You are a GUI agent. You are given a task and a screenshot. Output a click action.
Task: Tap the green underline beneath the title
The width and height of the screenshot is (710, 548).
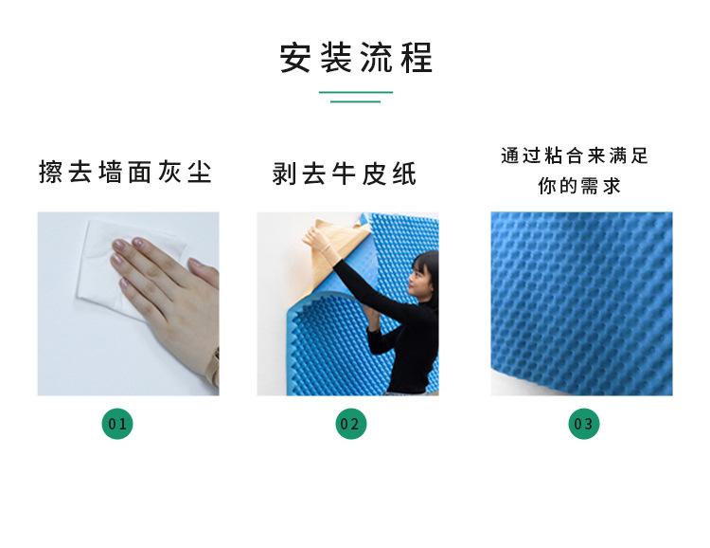point(355,96)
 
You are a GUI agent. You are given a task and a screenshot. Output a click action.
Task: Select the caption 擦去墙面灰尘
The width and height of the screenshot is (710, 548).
point(125,173)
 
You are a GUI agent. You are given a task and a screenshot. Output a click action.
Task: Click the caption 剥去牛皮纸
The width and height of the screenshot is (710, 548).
point(344,174)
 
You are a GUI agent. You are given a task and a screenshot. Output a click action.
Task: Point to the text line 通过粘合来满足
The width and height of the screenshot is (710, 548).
point(575,156)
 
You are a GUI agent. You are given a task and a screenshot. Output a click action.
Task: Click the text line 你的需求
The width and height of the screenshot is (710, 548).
point(579,186)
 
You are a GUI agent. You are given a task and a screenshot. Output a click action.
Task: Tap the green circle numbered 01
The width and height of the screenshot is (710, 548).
point(117,423)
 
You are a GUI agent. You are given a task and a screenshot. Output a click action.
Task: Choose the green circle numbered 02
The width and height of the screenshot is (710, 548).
point(350,423)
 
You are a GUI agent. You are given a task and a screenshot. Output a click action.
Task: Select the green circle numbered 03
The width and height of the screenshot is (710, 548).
point(584,423)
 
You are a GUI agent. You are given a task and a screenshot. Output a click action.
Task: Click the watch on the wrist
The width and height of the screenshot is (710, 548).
point(214,365)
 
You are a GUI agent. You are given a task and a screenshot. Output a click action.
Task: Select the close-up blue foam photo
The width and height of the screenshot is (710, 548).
point(581,303)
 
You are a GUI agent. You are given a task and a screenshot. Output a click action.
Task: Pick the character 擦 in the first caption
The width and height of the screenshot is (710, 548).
point(50,173)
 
